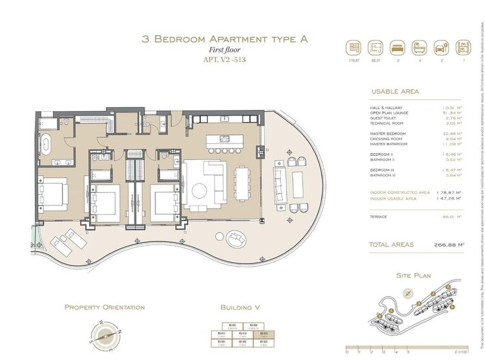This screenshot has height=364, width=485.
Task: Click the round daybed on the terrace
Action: (234, 238)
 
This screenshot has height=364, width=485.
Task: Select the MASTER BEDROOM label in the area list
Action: (388, 134)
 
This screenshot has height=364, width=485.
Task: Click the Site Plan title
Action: (413, 276)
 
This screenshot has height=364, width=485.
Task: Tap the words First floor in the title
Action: (225, 51)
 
